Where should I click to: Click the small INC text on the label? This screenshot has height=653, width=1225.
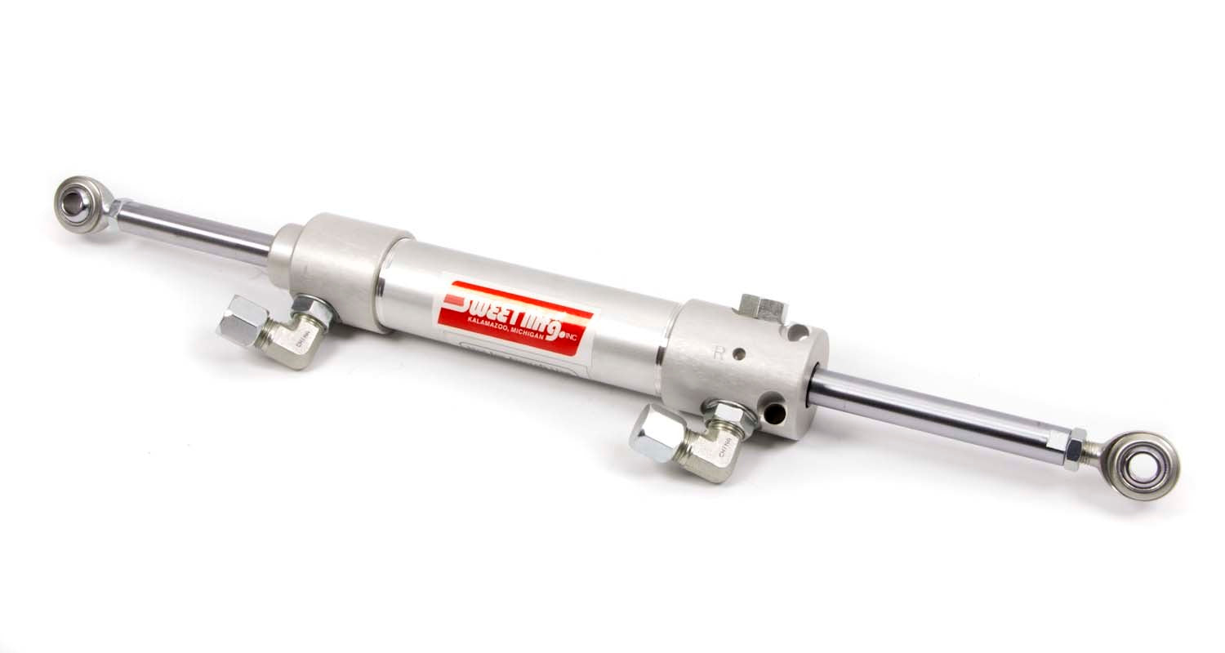(x=586, y=330)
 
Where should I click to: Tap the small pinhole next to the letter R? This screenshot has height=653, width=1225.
(x=740, y=354)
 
